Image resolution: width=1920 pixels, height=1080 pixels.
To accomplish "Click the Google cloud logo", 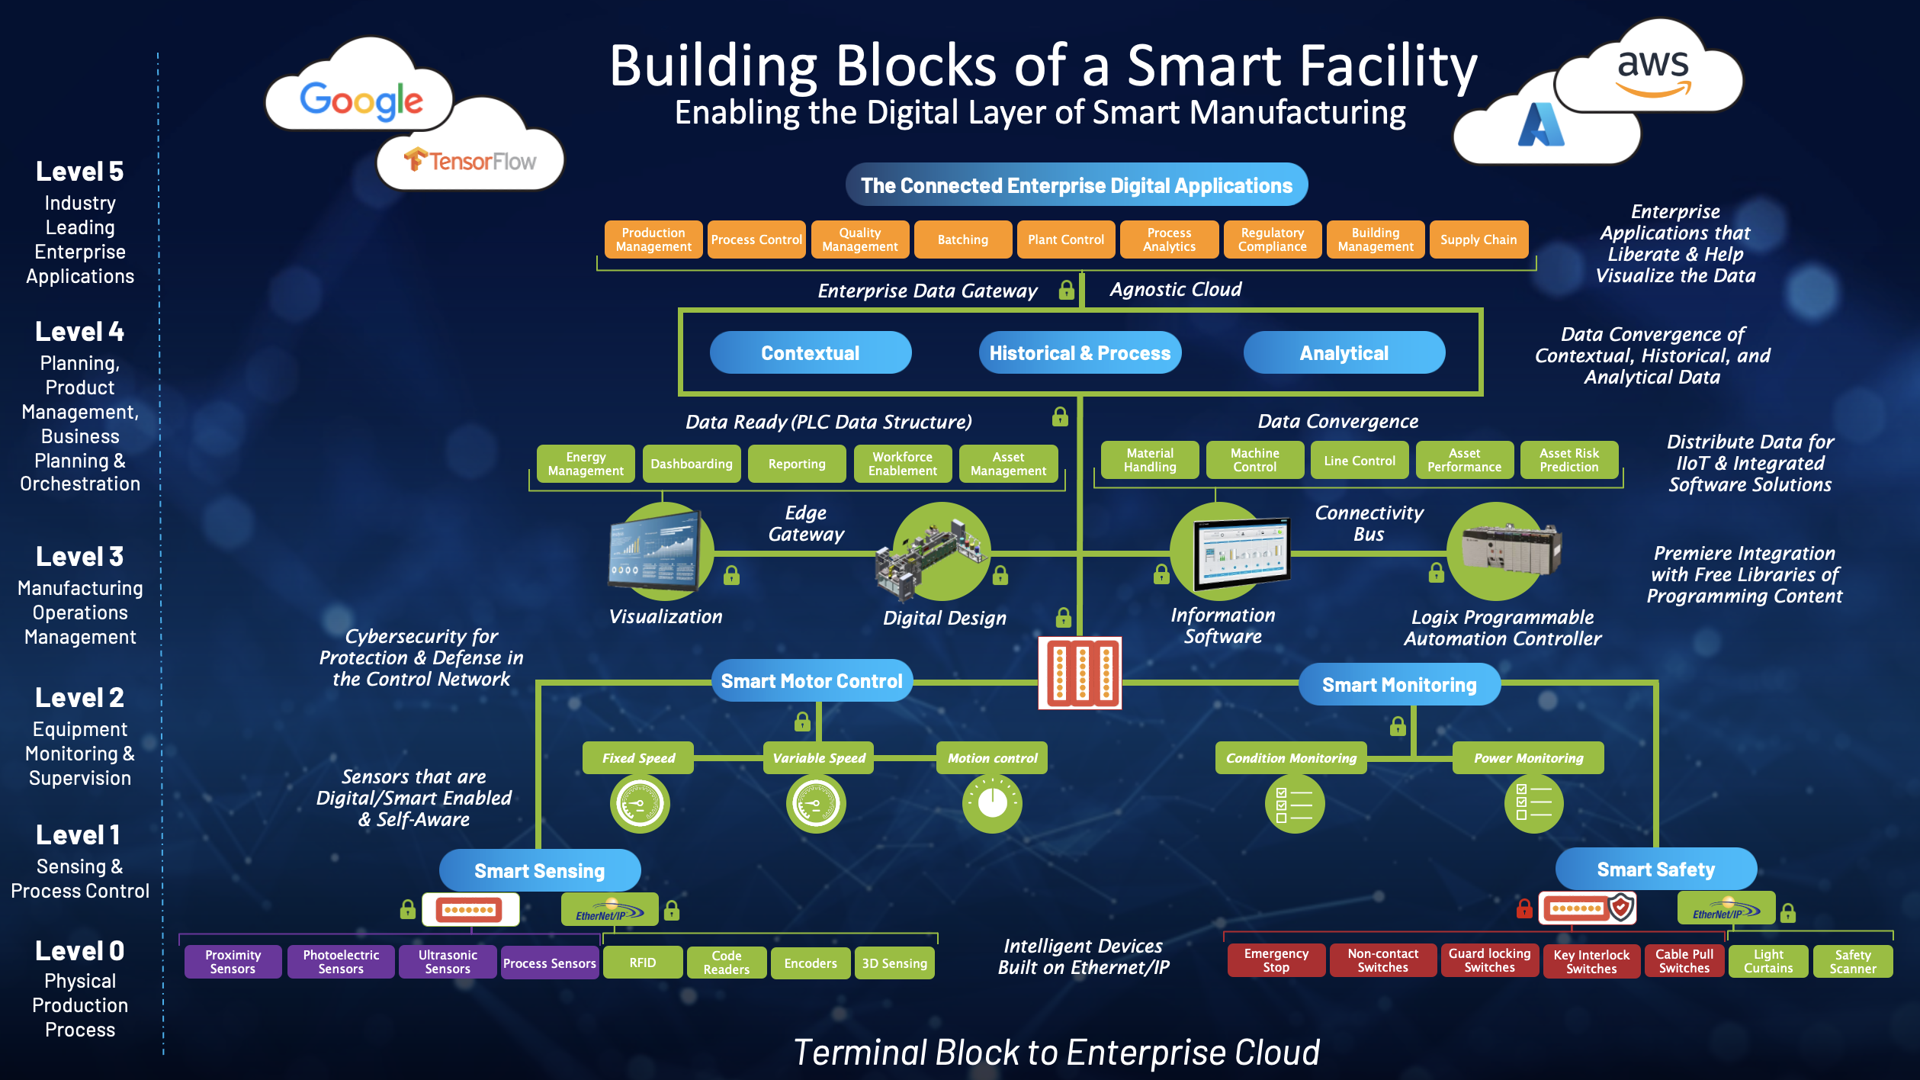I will coord(361,101).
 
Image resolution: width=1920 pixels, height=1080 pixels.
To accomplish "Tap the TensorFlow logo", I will coord(470,161).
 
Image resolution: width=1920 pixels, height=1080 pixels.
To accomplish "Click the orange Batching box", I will coord(962,239).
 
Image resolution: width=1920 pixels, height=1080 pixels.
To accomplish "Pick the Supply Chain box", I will coord(1478,239).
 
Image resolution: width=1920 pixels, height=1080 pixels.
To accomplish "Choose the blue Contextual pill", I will coord(810,353).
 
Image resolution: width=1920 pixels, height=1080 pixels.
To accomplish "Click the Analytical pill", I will coord(1344,353).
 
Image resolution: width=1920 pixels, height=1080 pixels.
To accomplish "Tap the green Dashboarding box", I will coord(691,464).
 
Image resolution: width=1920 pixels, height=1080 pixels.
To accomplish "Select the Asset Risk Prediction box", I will coord(1568,460).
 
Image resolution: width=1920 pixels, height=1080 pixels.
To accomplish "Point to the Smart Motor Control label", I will coord(811,681).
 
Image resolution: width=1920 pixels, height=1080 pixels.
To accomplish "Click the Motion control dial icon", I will coord(992,803).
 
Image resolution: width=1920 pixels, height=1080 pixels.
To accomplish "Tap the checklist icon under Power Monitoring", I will coord(1533,803).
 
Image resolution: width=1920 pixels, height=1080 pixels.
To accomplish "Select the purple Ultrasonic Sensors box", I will coord(448,962).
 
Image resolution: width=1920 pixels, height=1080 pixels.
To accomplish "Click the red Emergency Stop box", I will coord(1276,960).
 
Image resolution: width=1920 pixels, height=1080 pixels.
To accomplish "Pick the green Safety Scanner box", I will coord(1852,962).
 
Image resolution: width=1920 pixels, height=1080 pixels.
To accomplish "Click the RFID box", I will coord(642,963).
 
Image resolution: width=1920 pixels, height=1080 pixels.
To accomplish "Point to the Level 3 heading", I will coord(79,557).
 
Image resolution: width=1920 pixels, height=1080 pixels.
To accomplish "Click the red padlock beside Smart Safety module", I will coord(1523,908).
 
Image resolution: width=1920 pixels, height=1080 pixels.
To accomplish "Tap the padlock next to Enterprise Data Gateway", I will coord(1066,290).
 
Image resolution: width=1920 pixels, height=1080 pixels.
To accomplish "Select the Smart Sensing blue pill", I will coord(539,871).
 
